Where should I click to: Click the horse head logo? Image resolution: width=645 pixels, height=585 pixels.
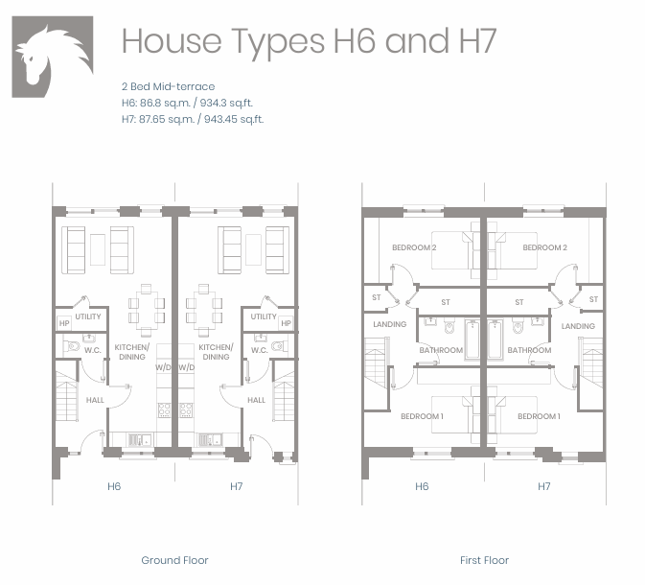(53, 57)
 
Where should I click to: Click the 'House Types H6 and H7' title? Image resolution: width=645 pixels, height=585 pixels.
(309, 41)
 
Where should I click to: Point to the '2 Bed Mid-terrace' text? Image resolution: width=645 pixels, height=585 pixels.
(169, 86)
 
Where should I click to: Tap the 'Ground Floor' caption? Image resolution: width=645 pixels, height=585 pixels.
(174, 560)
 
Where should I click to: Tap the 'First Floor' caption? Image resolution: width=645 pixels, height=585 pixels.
(484, 560)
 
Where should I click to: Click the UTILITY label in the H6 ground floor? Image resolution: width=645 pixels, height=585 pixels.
(88, 316)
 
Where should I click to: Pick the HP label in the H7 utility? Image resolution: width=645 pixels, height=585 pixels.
(286, 323)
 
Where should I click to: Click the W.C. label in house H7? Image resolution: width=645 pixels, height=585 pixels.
(260, 350)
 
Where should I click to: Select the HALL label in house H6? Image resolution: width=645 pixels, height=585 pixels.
(95, 400)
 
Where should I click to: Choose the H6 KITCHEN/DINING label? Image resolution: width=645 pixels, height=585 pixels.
(132, 352)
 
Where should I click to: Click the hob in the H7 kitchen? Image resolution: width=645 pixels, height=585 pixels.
(186, 410)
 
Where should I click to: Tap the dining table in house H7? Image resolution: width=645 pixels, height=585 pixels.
(203, 309)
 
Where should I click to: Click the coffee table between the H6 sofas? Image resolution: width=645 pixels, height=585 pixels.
(98, 249)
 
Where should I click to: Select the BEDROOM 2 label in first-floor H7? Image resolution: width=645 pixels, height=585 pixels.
(544, 247)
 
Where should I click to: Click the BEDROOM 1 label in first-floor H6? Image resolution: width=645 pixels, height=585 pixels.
(422, 416)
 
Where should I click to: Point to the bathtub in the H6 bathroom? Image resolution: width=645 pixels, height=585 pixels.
(472, 340)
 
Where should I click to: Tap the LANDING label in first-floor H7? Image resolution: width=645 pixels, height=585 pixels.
(578, 326)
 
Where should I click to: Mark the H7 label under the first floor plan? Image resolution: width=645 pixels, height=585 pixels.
(543, 486)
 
